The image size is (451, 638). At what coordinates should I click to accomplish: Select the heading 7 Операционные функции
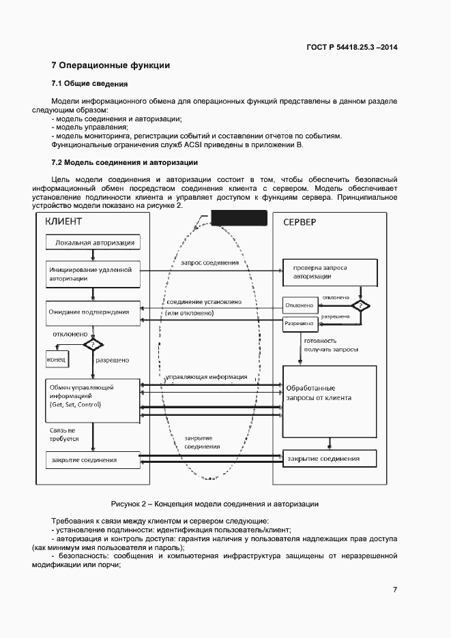coord(111,65)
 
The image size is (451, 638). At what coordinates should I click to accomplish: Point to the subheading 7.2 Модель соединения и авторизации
coord(125,162)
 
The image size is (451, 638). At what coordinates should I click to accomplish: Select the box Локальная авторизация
coord(93,242)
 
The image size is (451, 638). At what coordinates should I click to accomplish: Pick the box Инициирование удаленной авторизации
coord(93,273)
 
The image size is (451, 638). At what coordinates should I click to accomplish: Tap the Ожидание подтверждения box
coord(93,312)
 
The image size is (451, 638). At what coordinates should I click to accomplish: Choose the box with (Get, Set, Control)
coord(93,396)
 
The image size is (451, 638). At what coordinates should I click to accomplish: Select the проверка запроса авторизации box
coord(330,273)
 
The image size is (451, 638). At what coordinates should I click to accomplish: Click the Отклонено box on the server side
coord(300,305)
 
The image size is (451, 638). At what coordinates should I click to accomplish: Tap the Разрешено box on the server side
coord(300,324)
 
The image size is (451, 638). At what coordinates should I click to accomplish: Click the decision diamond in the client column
coord(93,345)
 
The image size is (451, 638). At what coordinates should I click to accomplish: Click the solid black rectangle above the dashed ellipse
coord(238,218)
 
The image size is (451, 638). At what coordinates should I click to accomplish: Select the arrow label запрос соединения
coord(210,262)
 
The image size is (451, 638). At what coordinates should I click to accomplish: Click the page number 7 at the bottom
coord(394,590)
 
